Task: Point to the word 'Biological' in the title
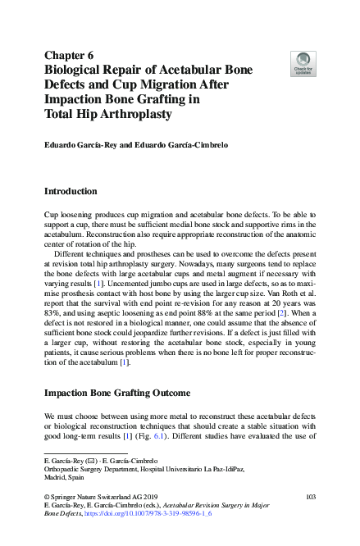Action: click(x=76, y=71)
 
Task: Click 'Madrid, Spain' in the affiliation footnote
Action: click(x=64, y=477)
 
